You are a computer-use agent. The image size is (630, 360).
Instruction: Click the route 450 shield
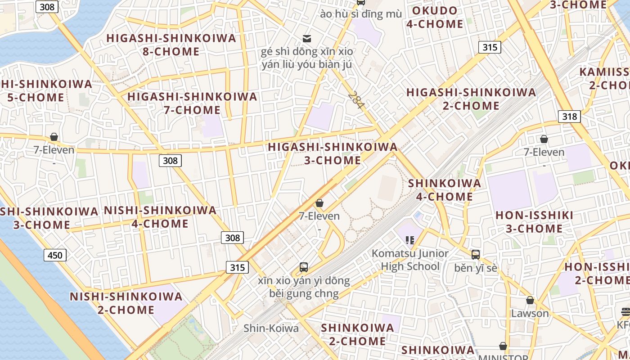pyautogui.click(x=55, y=256)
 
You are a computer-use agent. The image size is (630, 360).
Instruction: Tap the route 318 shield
pyautogui.click(x=569, y=117)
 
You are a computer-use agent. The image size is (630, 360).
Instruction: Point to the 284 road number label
pyautogui.click(x=356, y=100)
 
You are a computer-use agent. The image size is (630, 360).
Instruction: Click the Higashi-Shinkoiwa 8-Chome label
pyautogui.click(x=171, y=45)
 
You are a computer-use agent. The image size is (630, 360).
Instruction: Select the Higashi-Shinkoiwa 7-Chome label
pyautogui.click(x=192, y=103)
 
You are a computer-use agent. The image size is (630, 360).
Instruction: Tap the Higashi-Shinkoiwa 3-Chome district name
pyautogui.click(x=333, y=153)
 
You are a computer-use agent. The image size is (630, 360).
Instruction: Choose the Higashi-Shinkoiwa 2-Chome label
pyautogui.click(x=471, y=99)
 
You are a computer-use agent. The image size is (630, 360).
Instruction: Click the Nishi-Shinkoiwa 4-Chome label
pyautogui.click(x=160, y=217)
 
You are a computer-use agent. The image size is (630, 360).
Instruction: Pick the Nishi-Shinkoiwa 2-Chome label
pyautogui.click(x=126, y=303)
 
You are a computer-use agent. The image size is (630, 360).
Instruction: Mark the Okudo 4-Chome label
pyautogui.click(x=434, y=17)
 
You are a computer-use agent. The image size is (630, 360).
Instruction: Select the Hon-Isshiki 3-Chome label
pyautogui.click(x=534, y=222)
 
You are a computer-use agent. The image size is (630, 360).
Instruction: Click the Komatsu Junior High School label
pyautogui.click(x=410, y=260)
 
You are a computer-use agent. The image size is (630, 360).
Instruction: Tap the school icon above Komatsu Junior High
pyautogui.click(x=409, y=240)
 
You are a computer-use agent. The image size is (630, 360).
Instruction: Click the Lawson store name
pyautogui.click(x=530, y=313)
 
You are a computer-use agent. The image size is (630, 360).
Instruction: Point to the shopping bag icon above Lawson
pyautogui.click(x=530, y=300)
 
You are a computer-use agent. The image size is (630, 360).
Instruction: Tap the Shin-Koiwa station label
pyautogui.click(x=271, y=328)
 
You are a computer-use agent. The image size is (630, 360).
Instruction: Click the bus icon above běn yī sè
pyautogui.click(x=476, y=255)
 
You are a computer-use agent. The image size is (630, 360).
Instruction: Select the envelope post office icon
pyautogui.click(x=307, y=38)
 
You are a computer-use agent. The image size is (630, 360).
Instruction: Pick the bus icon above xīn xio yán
pyautogui.click(x=304, y=267)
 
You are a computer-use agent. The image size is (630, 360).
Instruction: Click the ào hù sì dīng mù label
pyautogui.click(x=361, y=14)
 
